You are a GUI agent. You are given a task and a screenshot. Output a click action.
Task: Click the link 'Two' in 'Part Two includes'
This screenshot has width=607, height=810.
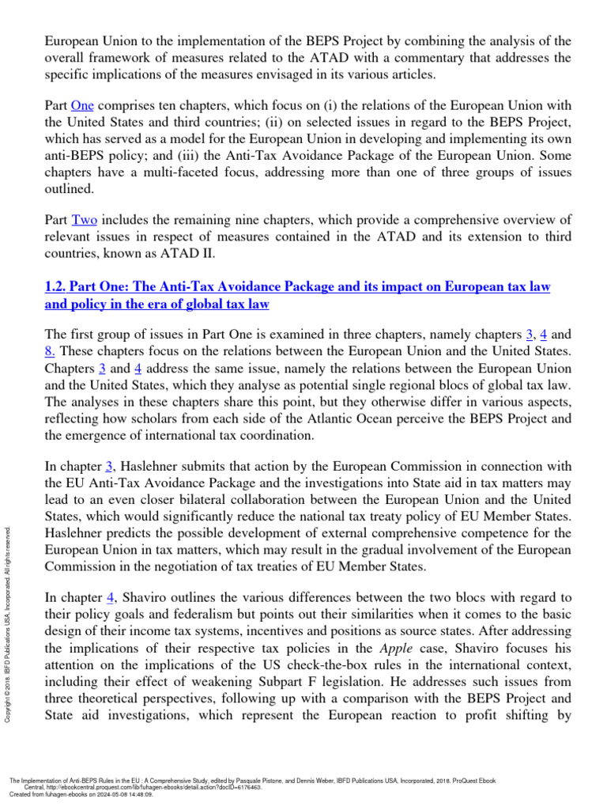coord(83,219)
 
